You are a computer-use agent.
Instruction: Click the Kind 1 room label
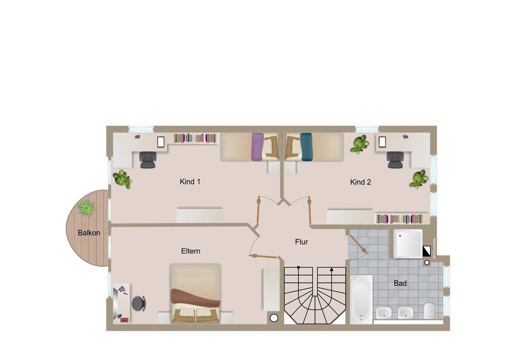[190, 182]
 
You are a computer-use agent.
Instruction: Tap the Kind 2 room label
[360, 182]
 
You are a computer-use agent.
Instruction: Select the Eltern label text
[191, 251]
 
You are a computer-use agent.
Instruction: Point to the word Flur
[302, 242]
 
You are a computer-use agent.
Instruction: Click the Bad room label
[400, 283]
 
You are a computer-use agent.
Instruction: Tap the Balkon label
[89, 233]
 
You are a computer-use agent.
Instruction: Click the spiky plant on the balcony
[86, 207]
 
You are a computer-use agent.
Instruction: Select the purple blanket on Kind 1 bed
[258, 147]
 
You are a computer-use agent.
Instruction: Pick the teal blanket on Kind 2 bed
[306, 147]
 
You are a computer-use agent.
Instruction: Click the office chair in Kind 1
[148, 160]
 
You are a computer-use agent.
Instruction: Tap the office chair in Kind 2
[395, 160]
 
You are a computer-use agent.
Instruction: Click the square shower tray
[408, 244]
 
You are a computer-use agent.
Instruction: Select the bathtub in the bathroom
[361, 299]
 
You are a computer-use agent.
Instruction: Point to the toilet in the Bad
[429, 311]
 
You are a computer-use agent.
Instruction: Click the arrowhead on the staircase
[331, 269]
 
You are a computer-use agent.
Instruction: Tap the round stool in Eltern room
[139, 303]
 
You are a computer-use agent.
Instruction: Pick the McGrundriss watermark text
[434, 248]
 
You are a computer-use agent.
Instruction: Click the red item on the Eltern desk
[124, 320]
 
